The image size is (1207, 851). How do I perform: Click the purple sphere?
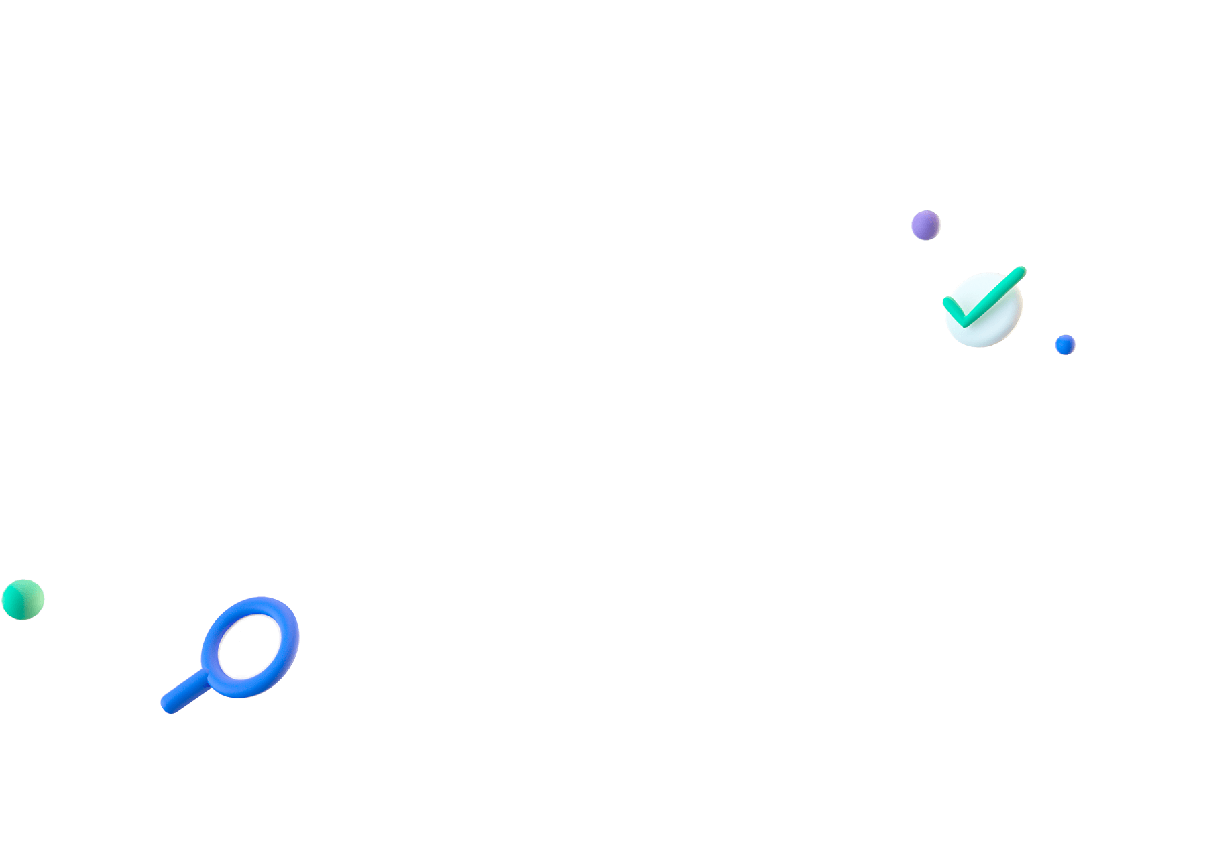point(925,225)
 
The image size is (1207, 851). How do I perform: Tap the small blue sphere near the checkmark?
point(1065,344)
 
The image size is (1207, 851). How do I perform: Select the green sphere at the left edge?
point(22,600)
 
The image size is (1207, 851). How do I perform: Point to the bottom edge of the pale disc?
point(983,346)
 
